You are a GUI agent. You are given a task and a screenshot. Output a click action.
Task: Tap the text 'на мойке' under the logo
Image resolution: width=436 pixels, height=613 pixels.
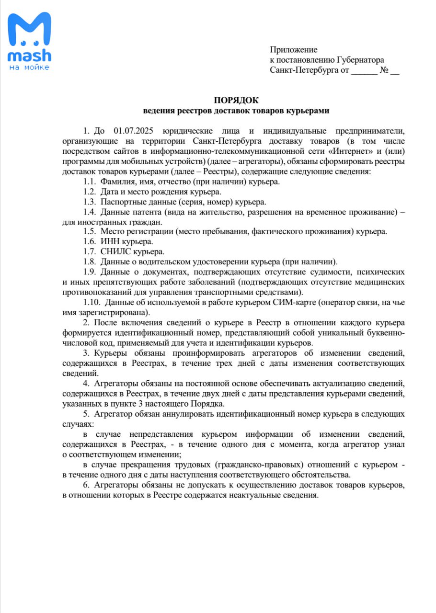pyautogui.click(x=29, y=68)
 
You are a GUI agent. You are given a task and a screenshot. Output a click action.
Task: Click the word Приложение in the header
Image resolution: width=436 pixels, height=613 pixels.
pyautogui.click(x=294, y=49)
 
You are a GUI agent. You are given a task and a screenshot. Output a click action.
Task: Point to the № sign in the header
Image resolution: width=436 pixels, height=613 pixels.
pyautogui.click(x=383, y=70)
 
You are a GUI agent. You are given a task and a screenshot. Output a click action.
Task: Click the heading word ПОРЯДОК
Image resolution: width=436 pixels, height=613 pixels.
pyautogui.click(x=236, y=100)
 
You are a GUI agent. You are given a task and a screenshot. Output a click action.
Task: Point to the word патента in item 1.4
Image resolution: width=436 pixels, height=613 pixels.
pyautogui.click(x=145, y=212)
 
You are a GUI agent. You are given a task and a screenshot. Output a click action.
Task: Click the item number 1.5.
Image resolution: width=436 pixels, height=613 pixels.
pyautogui.click(x=89, y=231)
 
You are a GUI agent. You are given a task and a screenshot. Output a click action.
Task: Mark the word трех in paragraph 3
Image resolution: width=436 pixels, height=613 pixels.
pyautogui.click(x=250, y=363)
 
